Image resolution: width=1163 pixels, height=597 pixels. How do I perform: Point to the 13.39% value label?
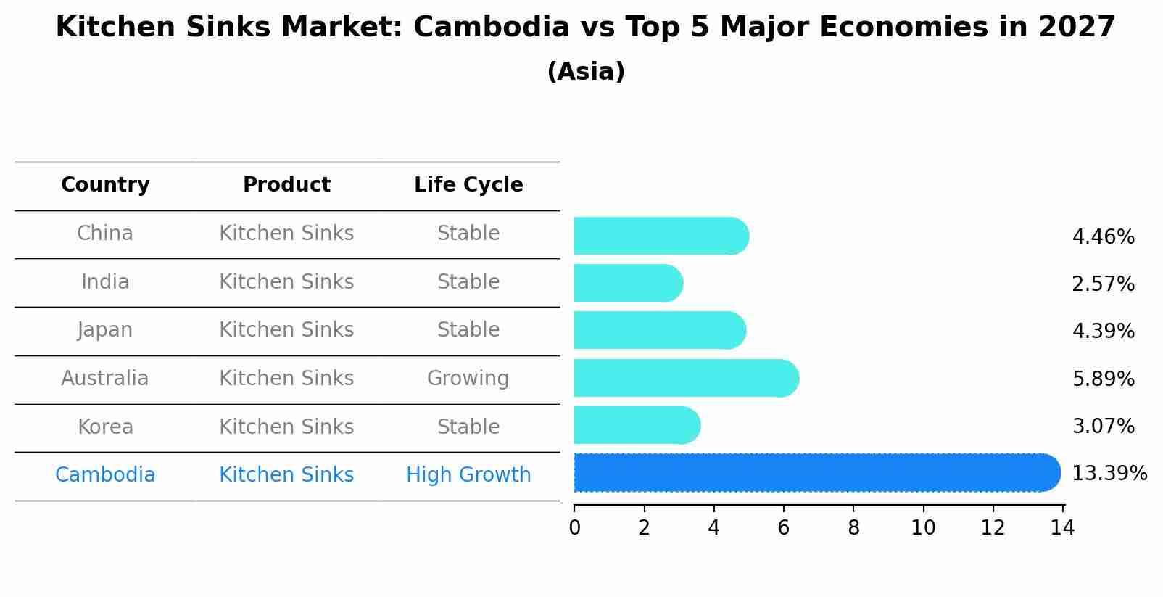tap(1109, 474)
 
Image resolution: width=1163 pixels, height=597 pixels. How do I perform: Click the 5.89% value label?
tap(1103, 379)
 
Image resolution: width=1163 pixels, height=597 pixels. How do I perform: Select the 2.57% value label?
tap(1103, 284)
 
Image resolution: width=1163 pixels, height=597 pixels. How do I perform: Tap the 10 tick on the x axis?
tap(923, 528)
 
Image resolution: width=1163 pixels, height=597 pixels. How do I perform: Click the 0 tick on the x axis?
tap(574, 528)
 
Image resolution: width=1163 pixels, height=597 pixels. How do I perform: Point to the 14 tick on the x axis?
tap(1062, 528)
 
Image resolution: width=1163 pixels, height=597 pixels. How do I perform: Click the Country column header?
tap(105, 185)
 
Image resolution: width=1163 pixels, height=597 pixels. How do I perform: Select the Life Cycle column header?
tap(468, 185)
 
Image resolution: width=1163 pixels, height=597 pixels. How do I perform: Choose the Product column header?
tap(286, 185)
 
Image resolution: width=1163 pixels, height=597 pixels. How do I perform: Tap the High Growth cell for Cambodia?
tap(468, 475)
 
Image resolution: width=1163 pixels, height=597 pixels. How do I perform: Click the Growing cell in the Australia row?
tap(468, 379)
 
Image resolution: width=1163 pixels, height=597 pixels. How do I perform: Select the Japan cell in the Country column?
tap(105, 330)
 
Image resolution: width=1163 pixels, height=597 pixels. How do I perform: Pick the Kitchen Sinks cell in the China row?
tap(286, 234)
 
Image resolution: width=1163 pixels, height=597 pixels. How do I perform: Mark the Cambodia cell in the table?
tap(105, 475)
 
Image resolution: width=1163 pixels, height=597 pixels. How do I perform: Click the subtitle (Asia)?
tap(586, 72)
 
